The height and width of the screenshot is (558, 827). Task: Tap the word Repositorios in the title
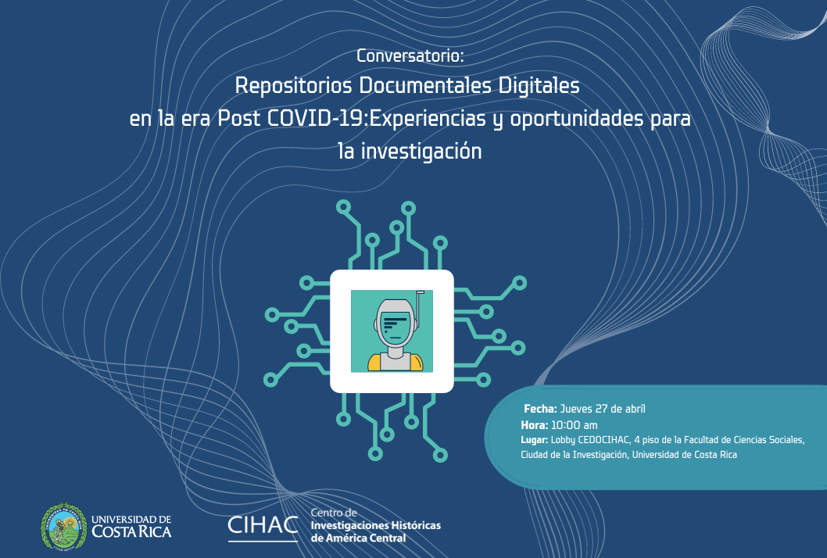(x=293, y=86)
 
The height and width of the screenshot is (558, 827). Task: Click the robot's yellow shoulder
(x=374, y=363)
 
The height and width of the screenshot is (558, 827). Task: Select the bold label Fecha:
(x=540, y=409)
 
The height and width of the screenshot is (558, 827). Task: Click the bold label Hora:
(x=535, y=425)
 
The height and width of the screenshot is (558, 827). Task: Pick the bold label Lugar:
(x=535, y=440)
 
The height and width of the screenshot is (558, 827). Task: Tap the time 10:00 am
(x=574, y=425)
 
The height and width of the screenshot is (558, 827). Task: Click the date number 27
(x=602, y=409)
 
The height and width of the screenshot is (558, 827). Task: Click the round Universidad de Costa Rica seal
(x=64, y=527)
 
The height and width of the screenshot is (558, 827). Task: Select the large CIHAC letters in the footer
(x=263, y=525)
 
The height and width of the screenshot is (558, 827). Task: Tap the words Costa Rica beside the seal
(x=131, y=531)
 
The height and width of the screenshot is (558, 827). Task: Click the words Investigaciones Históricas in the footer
(x=375, y=525)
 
